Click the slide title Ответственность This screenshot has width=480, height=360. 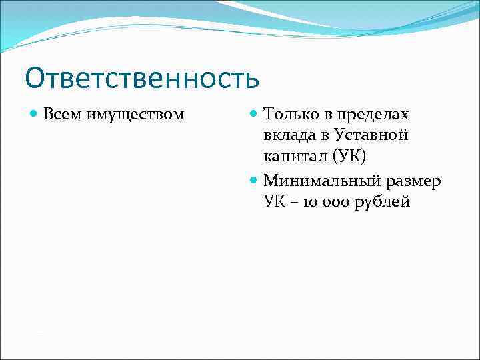coord(142,77)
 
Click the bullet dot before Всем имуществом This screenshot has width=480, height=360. coord(35,115)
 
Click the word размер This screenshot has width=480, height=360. coord(413,180)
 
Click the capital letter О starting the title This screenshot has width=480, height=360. coord(37,78)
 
